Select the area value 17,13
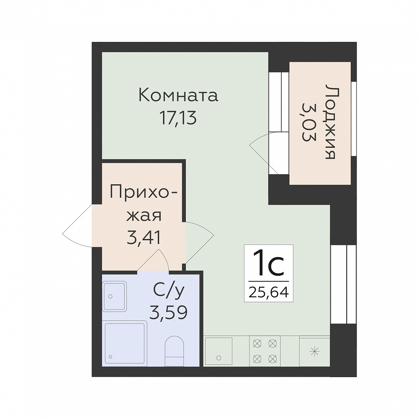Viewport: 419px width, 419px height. (178, 118)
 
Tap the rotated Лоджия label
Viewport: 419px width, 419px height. (331, 122)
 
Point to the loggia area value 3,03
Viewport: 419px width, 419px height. (309, 122)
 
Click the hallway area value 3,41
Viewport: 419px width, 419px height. (144, 238)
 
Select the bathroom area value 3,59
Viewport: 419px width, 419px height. (168, 313)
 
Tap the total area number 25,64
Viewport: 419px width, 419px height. (268, 293)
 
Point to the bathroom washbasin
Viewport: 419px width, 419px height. (114, 296)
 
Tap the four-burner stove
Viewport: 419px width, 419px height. (265, 351)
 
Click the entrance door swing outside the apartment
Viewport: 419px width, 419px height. (78, 227)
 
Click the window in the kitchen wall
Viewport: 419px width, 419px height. (343, 284)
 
